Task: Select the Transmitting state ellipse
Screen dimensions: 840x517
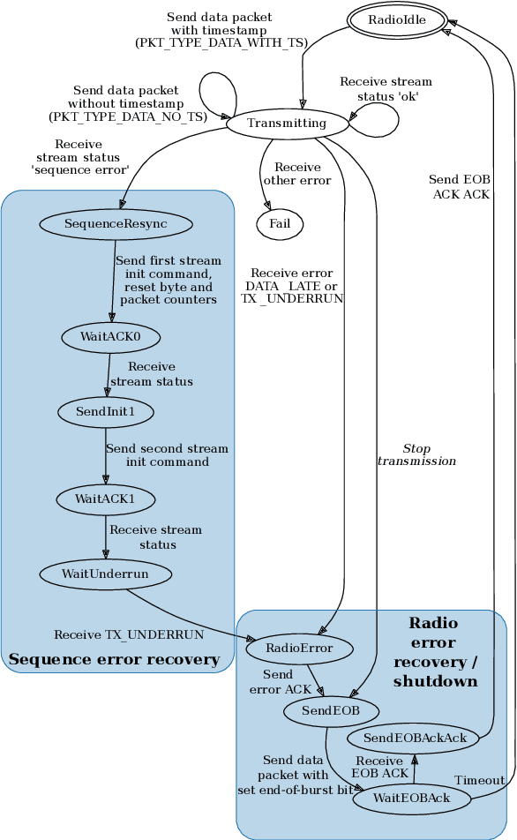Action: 287,123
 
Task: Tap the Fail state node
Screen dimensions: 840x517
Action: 280,224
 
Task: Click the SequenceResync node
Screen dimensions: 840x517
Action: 116,224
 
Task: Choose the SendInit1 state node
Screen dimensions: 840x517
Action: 105,412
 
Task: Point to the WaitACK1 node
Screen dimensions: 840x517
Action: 105,499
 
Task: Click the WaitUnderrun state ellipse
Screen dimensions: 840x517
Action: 105,574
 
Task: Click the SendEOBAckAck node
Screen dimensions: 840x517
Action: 414,738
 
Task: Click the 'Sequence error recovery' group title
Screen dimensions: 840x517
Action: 114,659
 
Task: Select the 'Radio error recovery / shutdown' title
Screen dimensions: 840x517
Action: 434,652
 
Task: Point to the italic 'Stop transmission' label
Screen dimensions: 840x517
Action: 416,454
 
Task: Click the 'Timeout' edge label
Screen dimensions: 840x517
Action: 479,780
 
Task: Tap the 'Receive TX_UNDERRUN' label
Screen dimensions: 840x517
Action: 129,634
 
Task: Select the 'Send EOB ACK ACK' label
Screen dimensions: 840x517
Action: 460,187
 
